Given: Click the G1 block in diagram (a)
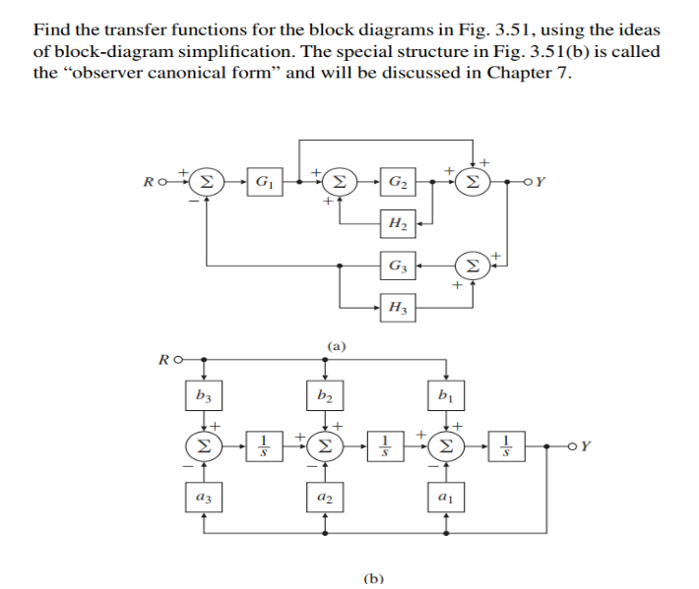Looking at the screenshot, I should tap(262, 182).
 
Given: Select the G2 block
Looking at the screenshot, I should tap(397, 182).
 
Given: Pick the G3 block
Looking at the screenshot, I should tap(397, 265).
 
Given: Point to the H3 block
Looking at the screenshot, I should tap(397, 307).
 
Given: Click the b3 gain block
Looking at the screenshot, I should tap(204, 397).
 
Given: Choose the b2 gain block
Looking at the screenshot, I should tap(325, 397).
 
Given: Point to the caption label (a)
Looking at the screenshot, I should tap(336, 345).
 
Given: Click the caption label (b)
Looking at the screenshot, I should tap(373, 577).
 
